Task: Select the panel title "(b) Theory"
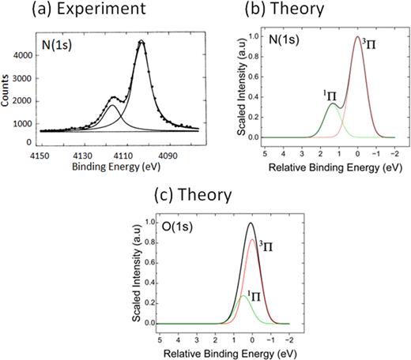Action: (309, 11)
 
